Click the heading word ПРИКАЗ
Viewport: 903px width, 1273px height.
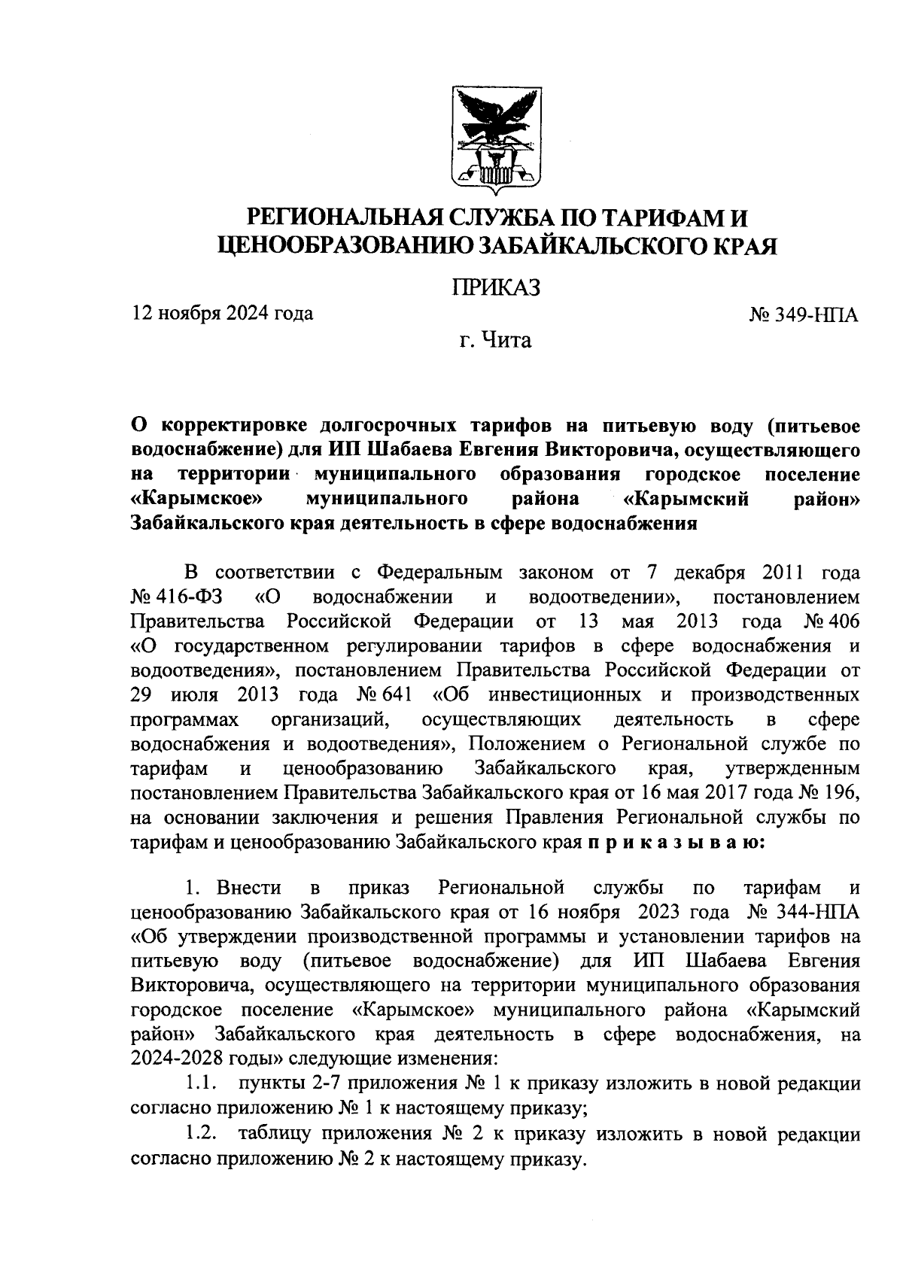[x=496, y=287]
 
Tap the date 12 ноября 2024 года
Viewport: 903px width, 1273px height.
[x=222, y=312]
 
